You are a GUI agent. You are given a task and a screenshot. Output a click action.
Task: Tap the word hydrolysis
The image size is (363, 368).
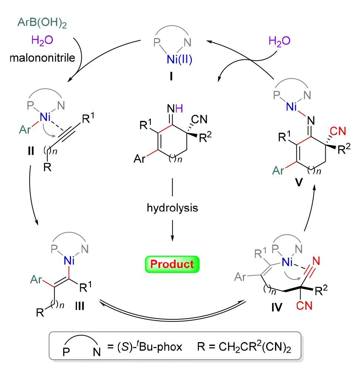pyautogui.click(x=173, y=208)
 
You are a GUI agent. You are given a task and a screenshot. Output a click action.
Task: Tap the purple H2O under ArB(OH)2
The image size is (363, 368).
pyautogui.click(x=41, y=40)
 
